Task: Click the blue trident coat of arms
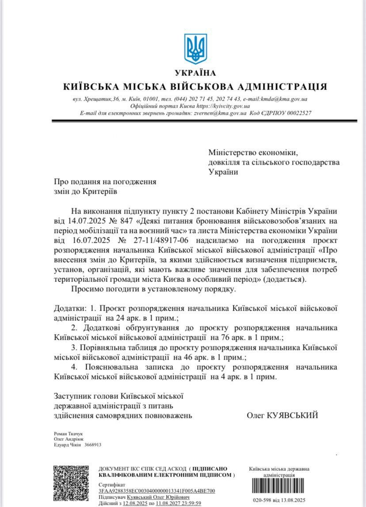(195, 49)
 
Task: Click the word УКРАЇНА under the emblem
(195, 73)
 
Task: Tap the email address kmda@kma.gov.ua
(288, 99)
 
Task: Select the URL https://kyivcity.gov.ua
(223, 106)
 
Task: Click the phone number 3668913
(93, 445)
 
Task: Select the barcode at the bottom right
(279, 486)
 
